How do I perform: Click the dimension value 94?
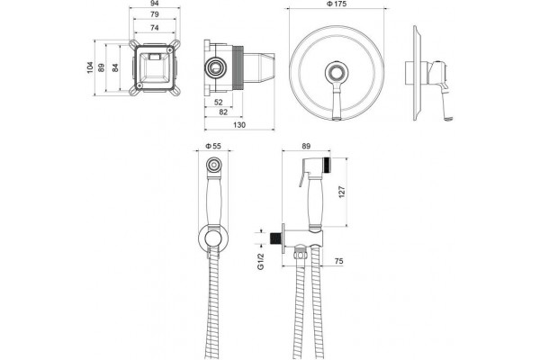(x=155, y=3)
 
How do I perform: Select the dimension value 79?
(x=155, y=14)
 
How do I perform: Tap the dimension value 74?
(x=155, y=28)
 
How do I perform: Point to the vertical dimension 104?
(x=90, y=67)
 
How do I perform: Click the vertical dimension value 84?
(x=115, y=67)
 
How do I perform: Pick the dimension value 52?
(x=219, y=103)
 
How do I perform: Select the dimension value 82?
(x=223, y=112)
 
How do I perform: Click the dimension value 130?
(x=239, y=125)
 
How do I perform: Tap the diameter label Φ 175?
(x=336, y=4)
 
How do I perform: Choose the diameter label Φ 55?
(x=213, y=146)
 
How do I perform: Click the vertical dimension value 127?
(x=342, y=192)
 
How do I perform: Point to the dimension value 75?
(x=339, y=261)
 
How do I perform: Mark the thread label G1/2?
(x=261, y=262)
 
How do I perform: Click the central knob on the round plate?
(x=337, y=73)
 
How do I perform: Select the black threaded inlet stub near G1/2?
(x=276, y=238)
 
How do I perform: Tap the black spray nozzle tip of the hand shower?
(x=328, y=164)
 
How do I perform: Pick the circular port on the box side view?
(x=216, y=67)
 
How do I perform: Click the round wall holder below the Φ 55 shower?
(x=213, y=238)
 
